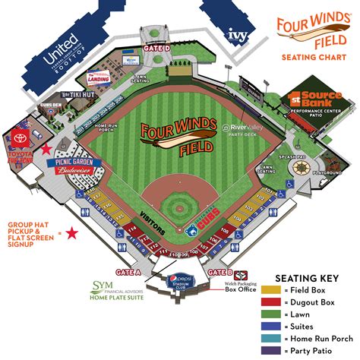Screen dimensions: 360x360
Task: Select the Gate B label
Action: [220, 272]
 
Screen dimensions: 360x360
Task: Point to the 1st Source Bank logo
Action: [308, 98]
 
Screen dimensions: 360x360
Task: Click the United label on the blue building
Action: [62, 57]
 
